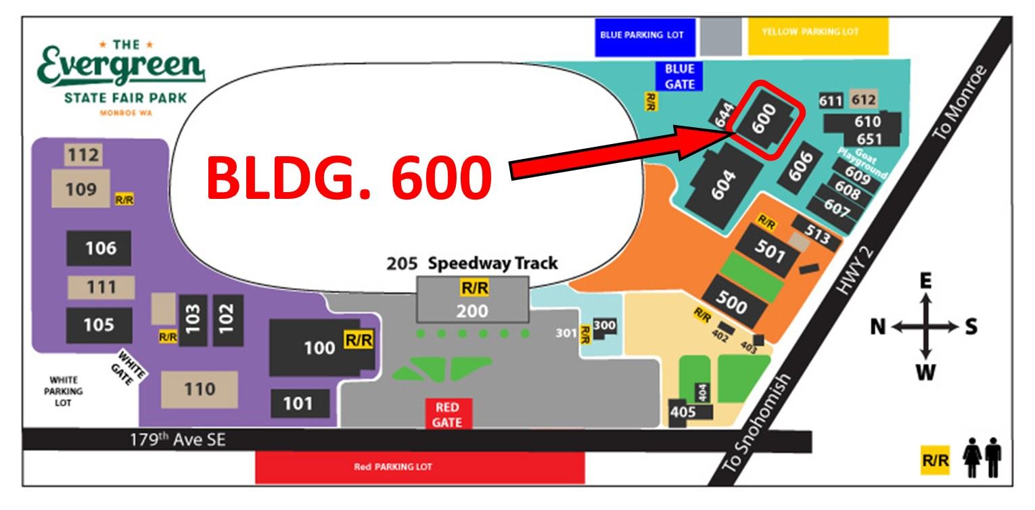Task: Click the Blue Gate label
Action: [x=679, y=76]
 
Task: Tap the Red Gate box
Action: [x=447, y=414]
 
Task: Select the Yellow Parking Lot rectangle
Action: [x=818, y=37]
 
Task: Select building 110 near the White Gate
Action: [x=199, y=389]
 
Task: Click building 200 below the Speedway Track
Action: [x=471, y=311]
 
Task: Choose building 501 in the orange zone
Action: [x=770, y=252]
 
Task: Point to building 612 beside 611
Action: [x=863, y=100]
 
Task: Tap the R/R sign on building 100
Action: [x=358, y=341]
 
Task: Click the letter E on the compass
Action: [x=926, y=281]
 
